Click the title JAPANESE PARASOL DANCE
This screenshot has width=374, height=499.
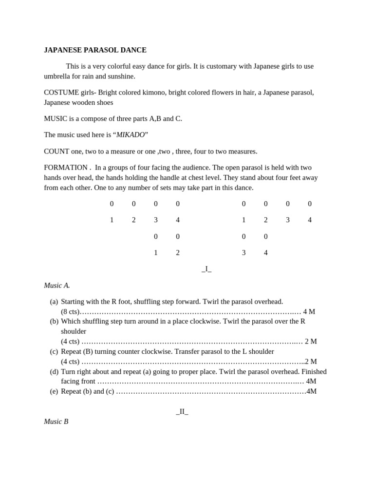coord(95,50)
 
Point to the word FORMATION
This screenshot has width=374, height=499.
coord(66,168)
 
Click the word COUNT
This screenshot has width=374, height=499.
coord(56,152)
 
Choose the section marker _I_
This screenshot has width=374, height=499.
coord(206,269)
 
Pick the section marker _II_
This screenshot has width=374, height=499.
coord(182,411)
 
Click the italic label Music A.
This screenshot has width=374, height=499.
coord(57,286)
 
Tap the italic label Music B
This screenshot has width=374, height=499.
coord(56,422)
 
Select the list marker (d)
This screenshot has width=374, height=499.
coord(54,371)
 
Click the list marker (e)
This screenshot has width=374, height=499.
coord(54,391)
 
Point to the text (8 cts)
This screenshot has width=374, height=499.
coord(70,312)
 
